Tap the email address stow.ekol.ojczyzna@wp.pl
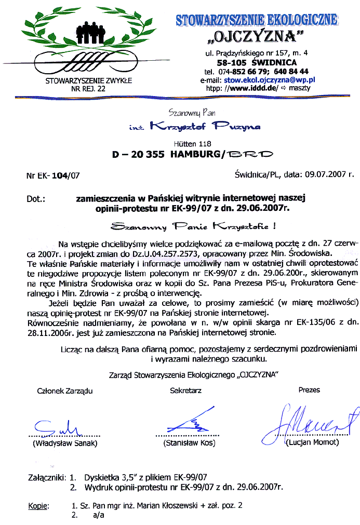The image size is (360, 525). (269, 80)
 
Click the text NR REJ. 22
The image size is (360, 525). (88, 89)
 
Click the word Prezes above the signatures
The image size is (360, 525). (309, 375)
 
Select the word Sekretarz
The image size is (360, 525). (185, 375)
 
